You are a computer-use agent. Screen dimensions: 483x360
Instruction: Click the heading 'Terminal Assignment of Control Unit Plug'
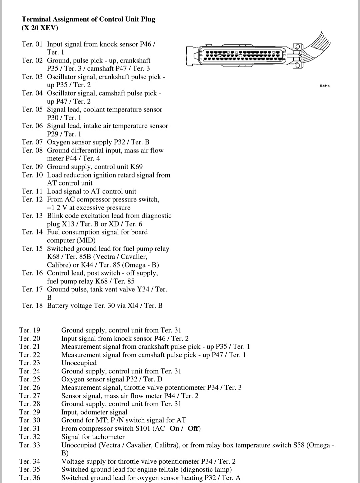pyautogui.click(x=88, y=19)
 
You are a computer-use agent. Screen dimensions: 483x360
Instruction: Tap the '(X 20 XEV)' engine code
pyautogui.click(x=40, y=28)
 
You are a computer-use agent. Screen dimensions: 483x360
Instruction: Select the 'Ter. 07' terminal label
pyautogui.click(x=32, y=142)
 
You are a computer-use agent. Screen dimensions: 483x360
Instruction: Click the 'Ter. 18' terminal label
pyautogui.click(x=32, y=305)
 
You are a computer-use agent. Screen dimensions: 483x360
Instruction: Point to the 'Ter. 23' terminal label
pyautogui.click(x=29, y=363)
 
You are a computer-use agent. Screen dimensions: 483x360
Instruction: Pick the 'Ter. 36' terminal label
pyautogui.click(x=29, y=478)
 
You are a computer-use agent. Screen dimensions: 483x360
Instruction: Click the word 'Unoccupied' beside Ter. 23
pyautogui.click(x=79, y=363)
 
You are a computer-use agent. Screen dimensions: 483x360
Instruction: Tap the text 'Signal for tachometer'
pyautogui.click(x=93, y=437)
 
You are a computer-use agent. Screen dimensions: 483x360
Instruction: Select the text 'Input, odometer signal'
pyautogui.click(x=94, y=412)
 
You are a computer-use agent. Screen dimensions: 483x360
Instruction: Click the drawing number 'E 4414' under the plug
pyautogui.click(x=324, y=86)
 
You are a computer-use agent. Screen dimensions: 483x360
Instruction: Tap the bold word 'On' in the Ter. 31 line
pyautogui.click(x=175, y=428)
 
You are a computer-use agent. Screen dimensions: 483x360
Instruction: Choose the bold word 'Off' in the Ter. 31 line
pyautogui.click(x=194, y=428)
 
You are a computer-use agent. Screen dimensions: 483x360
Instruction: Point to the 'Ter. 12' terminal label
pyautogui.click(x=32, y=199)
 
